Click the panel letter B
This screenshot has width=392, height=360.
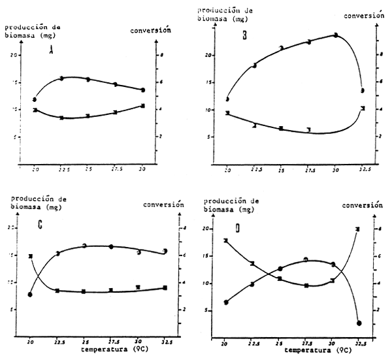(x=245, y=37)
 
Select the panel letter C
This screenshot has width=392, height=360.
(x=41, y=227)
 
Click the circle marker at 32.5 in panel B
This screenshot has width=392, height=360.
(x=362, y=90)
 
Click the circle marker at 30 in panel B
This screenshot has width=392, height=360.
(x=336, y=35)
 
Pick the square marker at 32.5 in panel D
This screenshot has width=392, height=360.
(x=358, y=229)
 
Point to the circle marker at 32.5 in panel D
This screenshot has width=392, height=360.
(x=359, y=323)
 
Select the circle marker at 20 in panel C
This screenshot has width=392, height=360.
(x=30, y=295)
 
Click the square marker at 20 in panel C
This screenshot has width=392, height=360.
(x=30, y=256)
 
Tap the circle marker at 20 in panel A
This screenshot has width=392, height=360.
(x=34, y=99)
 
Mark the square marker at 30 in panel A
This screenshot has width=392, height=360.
(x=142, y=106)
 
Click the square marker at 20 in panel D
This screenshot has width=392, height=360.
(x=226, y=240)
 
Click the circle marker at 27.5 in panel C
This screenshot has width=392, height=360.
(x=111, y=247)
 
